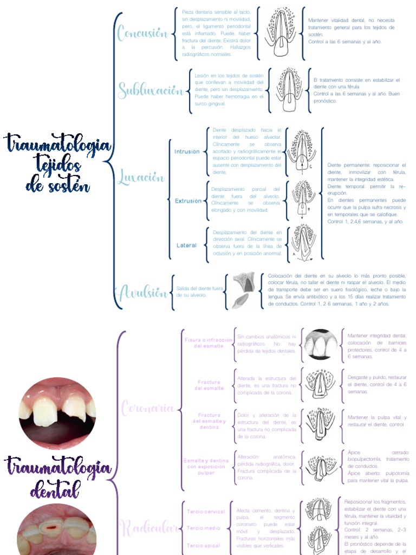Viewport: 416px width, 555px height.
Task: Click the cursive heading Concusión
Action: pos(142,33)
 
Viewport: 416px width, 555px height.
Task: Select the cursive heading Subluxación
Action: pos(151,90)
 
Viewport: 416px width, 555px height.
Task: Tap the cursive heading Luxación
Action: pos(140,177)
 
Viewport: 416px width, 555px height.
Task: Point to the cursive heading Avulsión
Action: pos(143,293)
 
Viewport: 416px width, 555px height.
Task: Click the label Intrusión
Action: pos(187,152)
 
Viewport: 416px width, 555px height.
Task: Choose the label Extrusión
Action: pos(188,201)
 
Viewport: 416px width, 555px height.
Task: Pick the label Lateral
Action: pos(186,246)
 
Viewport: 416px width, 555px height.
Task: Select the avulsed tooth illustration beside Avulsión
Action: pos(243,291)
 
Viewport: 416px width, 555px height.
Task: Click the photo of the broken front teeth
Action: pos(57,412)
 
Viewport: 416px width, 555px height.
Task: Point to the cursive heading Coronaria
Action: pos(147,408)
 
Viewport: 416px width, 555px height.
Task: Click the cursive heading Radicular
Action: pos(149,526)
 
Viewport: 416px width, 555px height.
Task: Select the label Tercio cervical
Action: pos(205,512)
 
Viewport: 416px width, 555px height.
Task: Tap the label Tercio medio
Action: pos(203,528)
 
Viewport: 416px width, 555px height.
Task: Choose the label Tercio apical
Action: pos(204,545)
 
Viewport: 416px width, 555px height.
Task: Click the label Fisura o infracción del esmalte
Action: pos(209,343)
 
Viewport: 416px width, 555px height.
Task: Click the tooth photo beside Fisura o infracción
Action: pos(321,344)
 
